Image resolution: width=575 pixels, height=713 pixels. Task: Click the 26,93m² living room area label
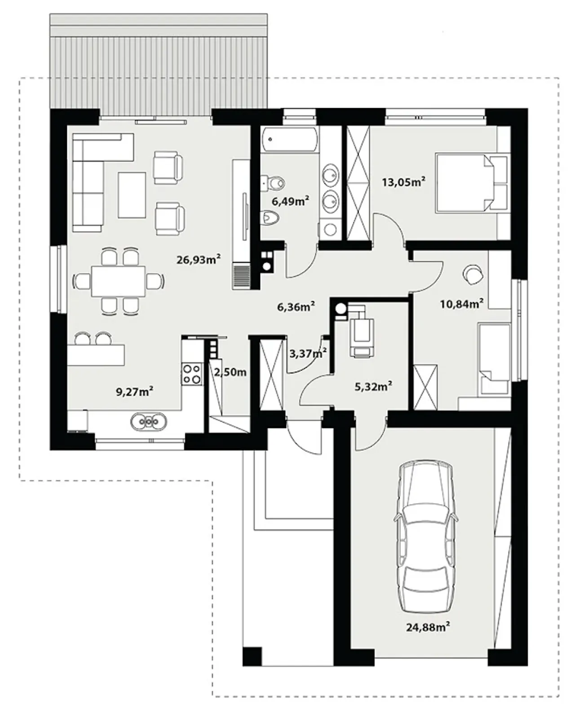point(198,260)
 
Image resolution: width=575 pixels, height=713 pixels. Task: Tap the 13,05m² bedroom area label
point(403,182)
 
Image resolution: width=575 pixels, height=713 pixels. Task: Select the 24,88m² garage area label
point(428,627)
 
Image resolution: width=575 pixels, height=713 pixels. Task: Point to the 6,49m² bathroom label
point(291,201)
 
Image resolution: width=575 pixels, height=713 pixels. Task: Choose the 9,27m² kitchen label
point(134,392)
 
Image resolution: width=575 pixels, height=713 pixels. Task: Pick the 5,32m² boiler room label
point(373,386)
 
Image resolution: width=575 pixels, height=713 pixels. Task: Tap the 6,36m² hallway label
point(296,307)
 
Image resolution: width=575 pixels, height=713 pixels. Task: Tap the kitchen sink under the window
point(149,422)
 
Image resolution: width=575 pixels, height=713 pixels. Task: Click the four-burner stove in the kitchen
point(192,374)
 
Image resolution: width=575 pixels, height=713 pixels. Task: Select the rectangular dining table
point(119,281)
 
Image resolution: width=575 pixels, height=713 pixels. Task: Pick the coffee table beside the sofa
point(132,195)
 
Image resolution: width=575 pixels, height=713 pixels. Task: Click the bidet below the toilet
point(270,218)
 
